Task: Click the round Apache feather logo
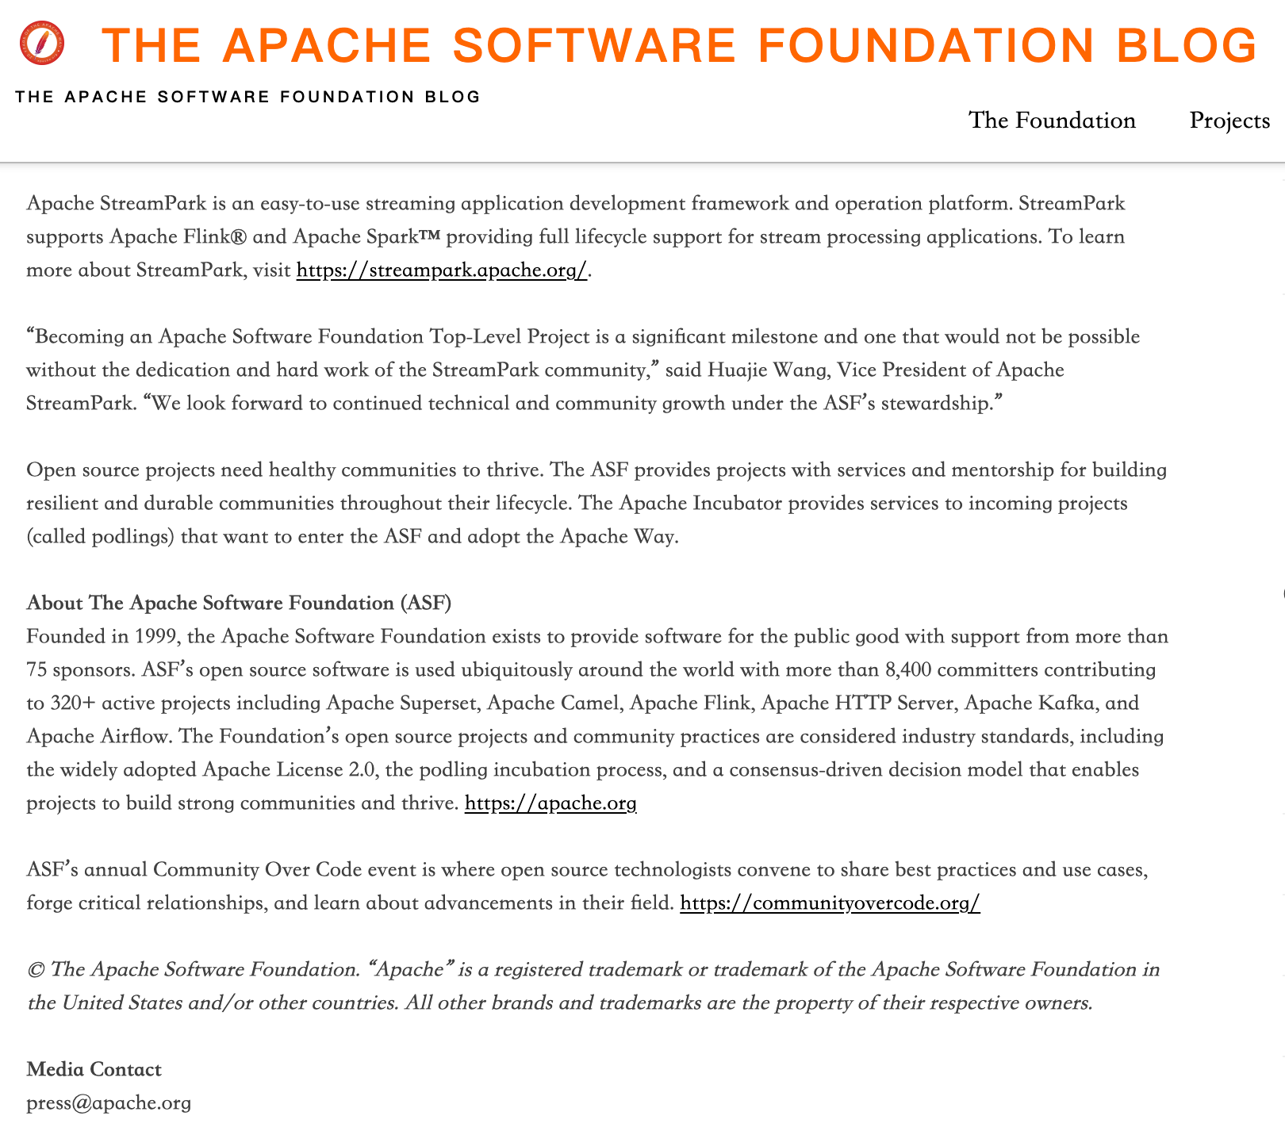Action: pos(42,44)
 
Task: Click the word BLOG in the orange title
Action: pos(1187,45)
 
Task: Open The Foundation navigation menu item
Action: pos(1052,121)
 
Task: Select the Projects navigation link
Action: pos(1229,121)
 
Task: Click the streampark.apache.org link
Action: pos(442,270)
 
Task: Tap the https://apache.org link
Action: pos(550,803)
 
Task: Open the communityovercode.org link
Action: pos(830,903)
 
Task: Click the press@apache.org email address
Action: pos(109,1103)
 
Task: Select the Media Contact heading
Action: pos(94,1070)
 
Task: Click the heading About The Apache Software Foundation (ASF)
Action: pos(239,604)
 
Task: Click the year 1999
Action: pos(151,637)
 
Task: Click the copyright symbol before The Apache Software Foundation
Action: pos(35,970)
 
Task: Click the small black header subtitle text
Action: pos(247,98)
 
